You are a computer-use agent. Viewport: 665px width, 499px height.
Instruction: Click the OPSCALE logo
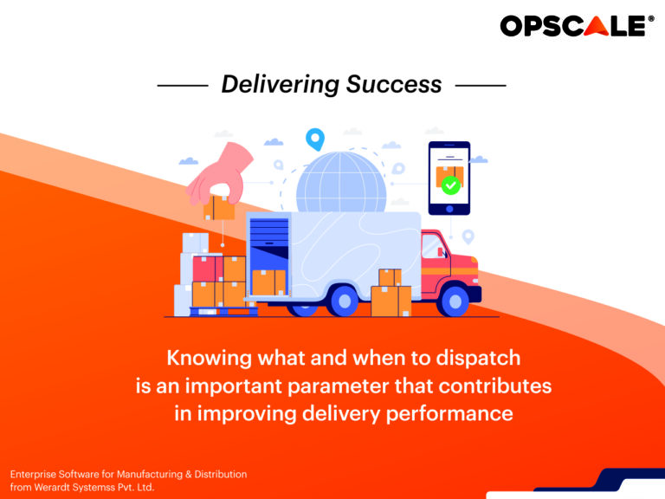pyautogui.click(x=578, y=26)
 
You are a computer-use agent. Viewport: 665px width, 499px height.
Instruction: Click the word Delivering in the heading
pyautogui.click(x=280, y=85)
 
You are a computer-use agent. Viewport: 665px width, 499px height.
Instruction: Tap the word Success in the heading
pyautogui.click(x=394, y=84)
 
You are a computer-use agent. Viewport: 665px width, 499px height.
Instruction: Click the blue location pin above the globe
pyautogui.click(x=315, y=139)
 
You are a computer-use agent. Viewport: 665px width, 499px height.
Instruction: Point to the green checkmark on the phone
pyautogui.click(x=450, y=185)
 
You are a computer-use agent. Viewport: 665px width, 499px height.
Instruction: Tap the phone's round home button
pyautogui.click(x=449, y=209)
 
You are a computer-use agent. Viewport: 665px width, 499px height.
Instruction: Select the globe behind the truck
pyautogui.click(x=341, y=183)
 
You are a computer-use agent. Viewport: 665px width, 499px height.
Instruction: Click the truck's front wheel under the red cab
pyautogui.click(x=455, y=301)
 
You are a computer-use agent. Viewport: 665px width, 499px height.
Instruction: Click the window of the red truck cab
pyautogui.click(x=434, y=246)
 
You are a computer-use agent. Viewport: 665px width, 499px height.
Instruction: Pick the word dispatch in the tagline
pyautogui.click(x=478, y=358)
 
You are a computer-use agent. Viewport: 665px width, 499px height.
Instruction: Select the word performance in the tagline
pyautogui.click(x=449, y=414)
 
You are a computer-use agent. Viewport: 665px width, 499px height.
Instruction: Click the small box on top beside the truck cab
pyautogui.click(x=390, y=277)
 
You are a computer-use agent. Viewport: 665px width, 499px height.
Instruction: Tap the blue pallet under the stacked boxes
pyautogui.click(x=223, y=311)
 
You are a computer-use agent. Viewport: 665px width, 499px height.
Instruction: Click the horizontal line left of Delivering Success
pyautogui.click(x=183, y=86)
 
